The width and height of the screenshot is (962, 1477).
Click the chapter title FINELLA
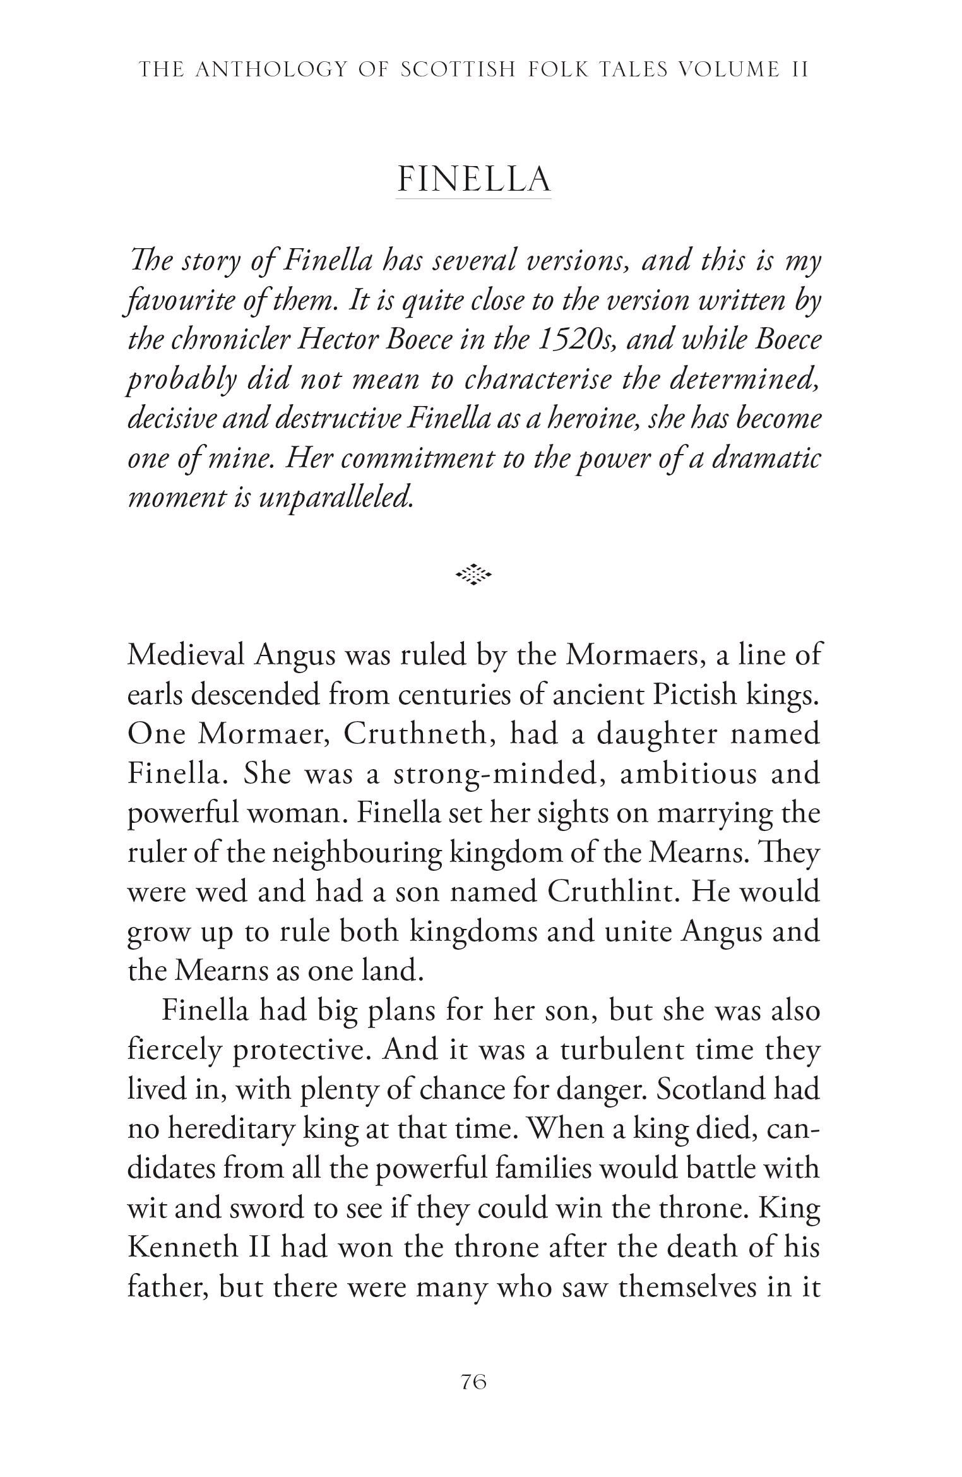[x=473, y=179]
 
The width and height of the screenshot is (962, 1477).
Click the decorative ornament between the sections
[x=473, y=575]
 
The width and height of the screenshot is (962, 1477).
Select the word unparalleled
[x=335, y=498]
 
